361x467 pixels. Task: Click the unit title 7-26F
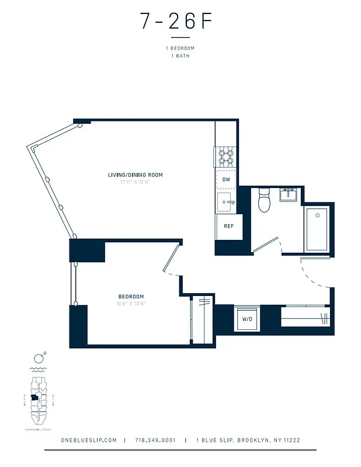click(175, 22)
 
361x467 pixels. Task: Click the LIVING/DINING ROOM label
click(135, 175)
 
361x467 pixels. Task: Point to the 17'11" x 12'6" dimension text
click(135, 182)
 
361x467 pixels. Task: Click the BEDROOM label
click(130, 297)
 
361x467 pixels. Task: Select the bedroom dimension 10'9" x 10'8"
click(130, 304)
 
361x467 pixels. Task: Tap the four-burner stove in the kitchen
click(226, 156)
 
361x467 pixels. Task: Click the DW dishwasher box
click(226, 180)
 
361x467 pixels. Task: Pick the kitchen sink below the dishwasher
click(225, 203)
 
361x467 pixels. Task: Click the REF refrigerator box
click(228, 226)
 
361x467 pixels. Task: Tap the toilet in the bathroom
click(264, 201)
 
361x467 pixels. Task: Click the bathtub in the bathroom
click(317, 229)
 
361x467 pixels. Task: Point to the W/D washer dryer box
click(247, 319)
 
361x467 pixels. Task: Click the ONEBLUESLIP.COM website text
click(89, 440)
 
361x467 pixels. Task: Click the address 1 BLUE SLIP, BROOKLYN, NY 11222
click(248, 440)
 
